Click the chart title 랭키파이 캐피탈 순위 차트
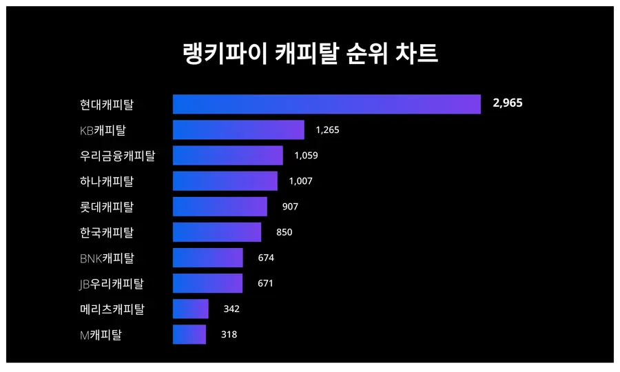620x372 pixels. pyautogui.click(x=310, y=53)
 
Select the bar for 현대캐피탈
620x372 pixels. pyautogui.click(x=327, y=104)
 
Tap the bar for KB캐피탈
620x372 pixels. pyautogui.click(x=238, y=130)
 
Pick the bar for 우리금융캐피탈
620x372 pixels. pyautogui.click(x=227, y=155)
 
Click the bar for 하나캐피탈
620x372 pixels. pyautogui.click(x=225, y=180)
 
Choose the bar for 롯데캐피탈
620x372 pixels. pyautogui.click(x=220, y=207)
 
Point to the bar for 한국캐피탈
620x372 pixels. pyautogui.click(x=217, y=232)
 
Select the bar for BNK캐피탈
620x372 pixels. pyautogui.click(x=207, y=258)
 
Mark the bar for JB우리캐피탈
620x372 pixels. pyautogui.click(x=207, y=283)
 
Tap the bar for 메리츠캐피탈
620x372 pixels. pyautogui.click(x=190, y=309)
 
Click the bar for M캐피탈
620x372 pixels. pyautogui.click(x=189, y=334)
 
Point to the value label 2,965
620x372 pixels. pyautogui.click(x=508, y=103)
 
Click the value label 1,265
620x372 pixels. pyautogui.click(x=327, y=130)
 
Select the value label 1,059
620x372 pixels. pyautogui.click(x=306, y=155)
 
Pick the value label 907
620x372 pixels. pyautogui.click(x=290, y=207)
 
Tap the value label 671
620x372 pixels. pyautogui.click(x=265, y=283)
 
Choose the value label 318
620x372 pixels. pyautogui.click(x=229, y=334)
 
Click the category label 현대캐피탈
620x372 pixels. pyautogui.click(x=107, y=105)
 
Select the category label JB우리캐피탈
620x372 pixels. pyautogui.click(x=112, y=283)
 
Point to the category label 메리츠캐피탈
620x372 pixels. pyautogui.click(x=112, y=309)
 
